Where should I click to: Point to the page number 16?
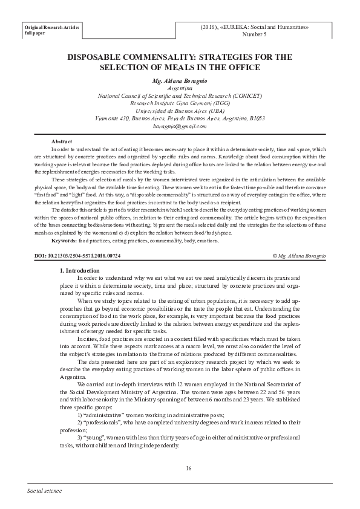tap(188, 468)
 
